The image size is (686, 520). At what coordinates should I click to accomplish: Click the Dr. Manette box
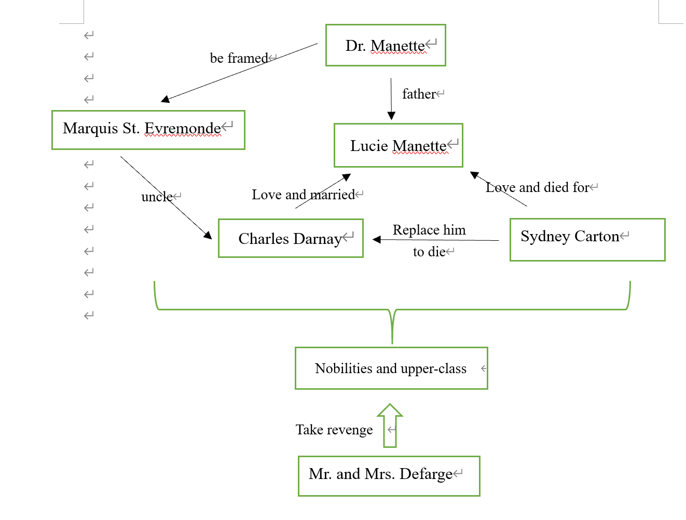coord(386,46)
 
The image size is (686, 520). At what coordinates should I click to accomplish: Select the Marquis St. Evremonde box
coord(148,130)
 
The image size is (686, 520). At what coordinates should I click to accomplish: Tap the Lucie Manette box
coord(398,145)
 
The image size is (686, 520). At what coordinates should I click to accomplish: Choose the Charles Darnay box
coord(291,238)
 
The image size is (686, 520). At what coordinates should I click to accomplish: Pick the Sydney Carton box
coord(587,239)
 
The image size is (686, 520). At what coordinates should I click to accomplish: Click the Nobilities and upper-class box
coord(391,368)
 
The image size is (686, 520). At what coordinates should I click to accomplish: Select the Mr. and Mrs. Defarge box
coord(389,476)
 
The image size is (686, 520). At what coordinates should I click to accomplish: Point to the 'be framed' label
coord(239,58)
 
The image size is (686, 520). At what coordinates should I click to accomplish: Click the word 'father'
coord(419,94)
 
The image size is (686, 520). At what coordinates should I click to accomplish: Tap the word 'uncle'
coord(157,197)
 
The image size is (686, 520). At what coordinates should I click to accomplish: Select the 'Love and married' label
coord(303,195)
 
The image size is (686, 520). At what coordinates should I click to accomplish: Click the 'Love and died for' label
coord(537,187)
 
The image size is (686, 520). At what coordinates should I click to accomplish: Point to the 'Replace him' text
coord(429,230)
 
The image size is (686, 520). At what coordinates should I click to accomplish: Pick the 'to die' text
coord(429,252)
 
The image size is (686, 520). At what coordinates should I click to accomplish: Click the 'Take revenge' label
coord(334,430)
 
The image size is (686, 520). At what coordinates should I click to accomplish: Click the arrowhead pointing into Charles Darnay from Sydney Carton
coord(377,239)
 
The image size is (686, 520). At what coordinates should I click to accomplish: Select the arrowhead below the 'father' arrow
coord(391,116)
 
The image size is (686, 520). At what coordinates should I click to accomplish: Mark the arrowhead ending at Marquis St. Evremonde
coord(166,99)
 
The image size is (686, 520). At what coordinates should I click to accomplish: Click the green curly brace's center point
coord(392,327)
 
